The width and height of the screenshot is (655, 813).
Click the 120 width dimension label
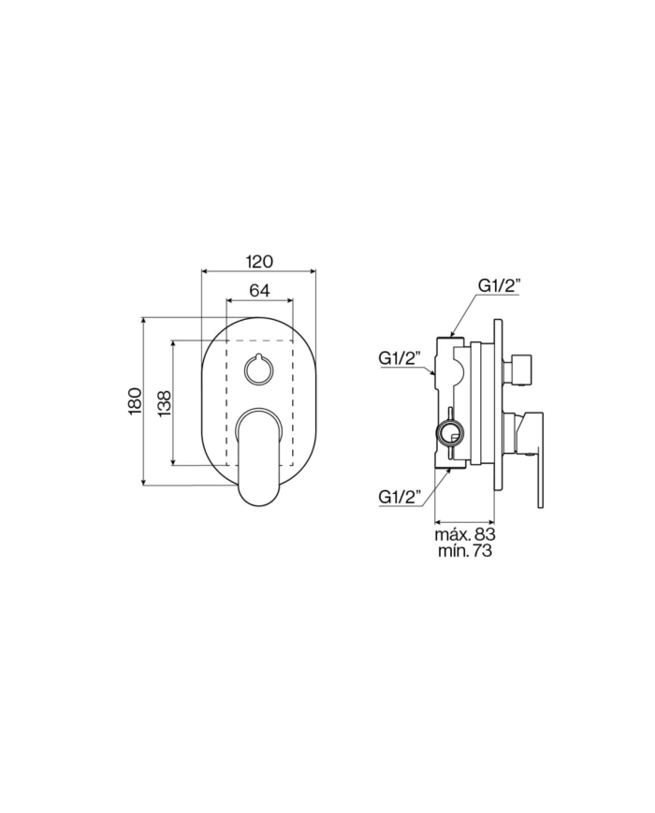click(x=259, y=262)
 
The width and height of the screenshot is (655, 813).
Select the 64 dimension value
click(x=259, y=291)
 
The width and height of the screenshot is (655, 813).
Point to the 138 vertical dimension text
click(x=165, y=403)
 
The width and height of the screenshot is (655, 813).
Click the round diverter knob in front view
click(x=258, y=370)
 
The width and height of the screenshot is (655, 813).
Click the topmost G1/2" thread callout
click(x=499, y=285)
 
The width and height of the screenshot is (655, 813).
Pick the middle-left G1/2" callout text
click(x=400, y=357)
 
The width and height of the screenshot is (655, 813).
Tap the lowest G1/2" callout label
click(x=400, y=496)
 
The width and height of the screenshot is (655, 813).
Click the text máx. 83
click(x=465, y=534)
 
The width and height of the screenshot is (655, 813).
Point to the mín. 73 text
click(x=465, y=552)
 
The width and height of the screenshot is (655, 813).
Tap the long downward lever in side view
click(x=540, y=468)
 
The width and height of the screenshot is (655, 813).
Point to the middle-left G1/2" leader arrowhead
click(x=435, y=373)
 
